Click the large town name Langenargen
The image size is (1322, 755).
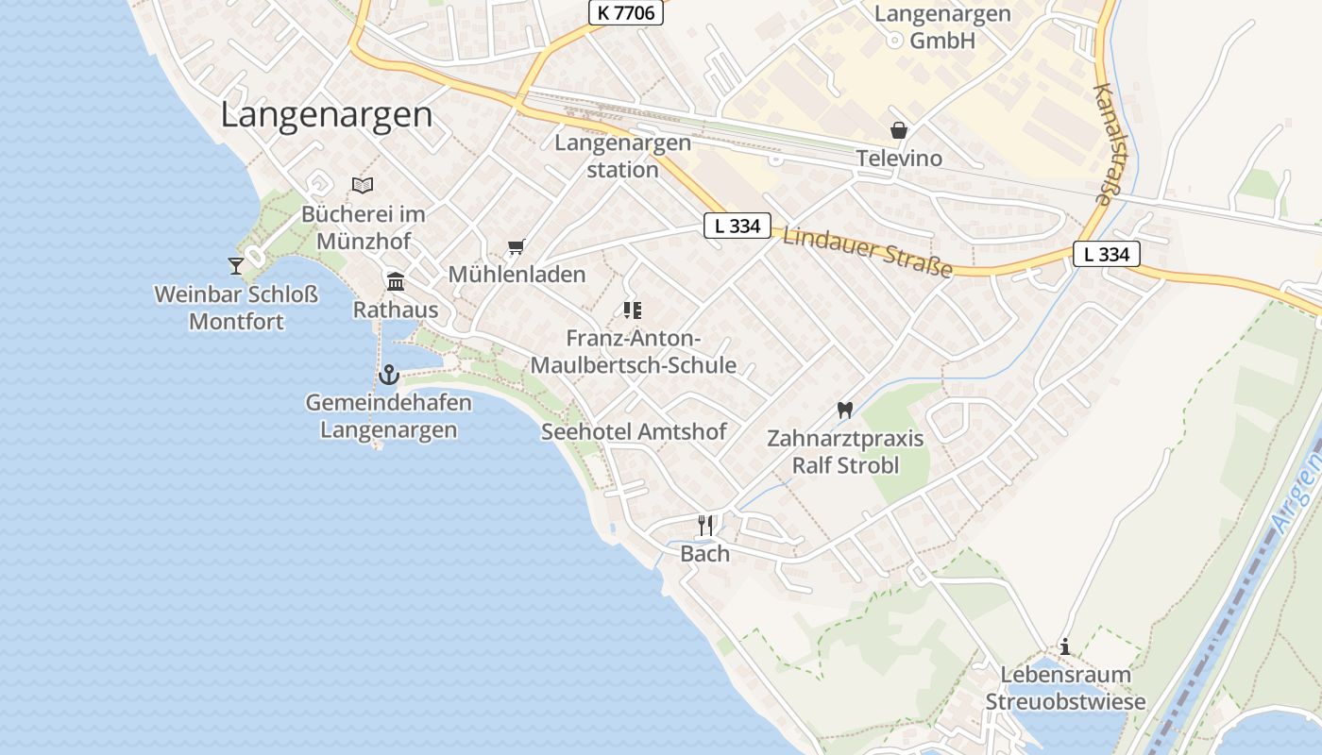[x=327, y=115]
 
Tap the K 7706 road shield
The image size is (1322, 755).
[x=626, y=12]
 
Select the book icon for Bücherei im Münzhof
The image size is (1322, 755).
[x=363, y=185]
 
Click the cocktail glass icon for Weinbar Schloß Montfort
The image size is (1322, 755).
[x=236, y=265]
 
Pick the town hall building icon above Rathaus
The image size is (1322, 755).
[x=396, y=281]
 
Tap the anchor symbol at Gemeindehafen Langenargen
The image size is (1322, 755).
[x=388, y=375]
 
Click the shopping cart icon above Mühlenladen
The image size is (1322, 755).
[x=516, y=247]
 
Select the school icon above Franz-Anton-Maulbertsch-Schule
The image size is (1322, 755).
[x=632, y=310]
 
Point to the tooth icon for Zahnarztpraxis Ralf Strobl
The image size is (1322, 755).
[x=844, y=410]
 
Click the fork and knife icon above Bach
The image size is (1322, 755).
[x=705, y=525]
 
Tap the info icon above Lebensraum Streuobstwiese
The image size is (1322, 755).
[x=1065, y=646]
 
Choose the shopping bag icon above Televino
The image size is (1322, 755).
[x=898, y=130]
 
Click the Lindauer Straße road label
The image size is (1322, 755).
[x=867, y=252]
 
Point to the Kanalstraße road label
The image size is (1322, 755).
[x=1103, y=143]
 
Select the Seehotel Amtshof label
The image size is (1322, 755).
[x=634, y=432]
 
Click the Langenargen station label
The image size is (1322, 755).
[x=622, y=157]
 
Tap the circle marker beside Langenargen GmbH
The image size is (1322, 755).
[x=894, y=40]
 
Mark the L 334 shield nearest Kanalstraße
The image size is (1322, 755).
[x=1107, y=254]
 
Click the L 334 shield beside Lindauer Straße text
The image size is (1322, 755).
[x=737, y=226]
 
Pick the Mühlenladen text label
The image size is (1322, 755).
[x=517, y=275]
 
